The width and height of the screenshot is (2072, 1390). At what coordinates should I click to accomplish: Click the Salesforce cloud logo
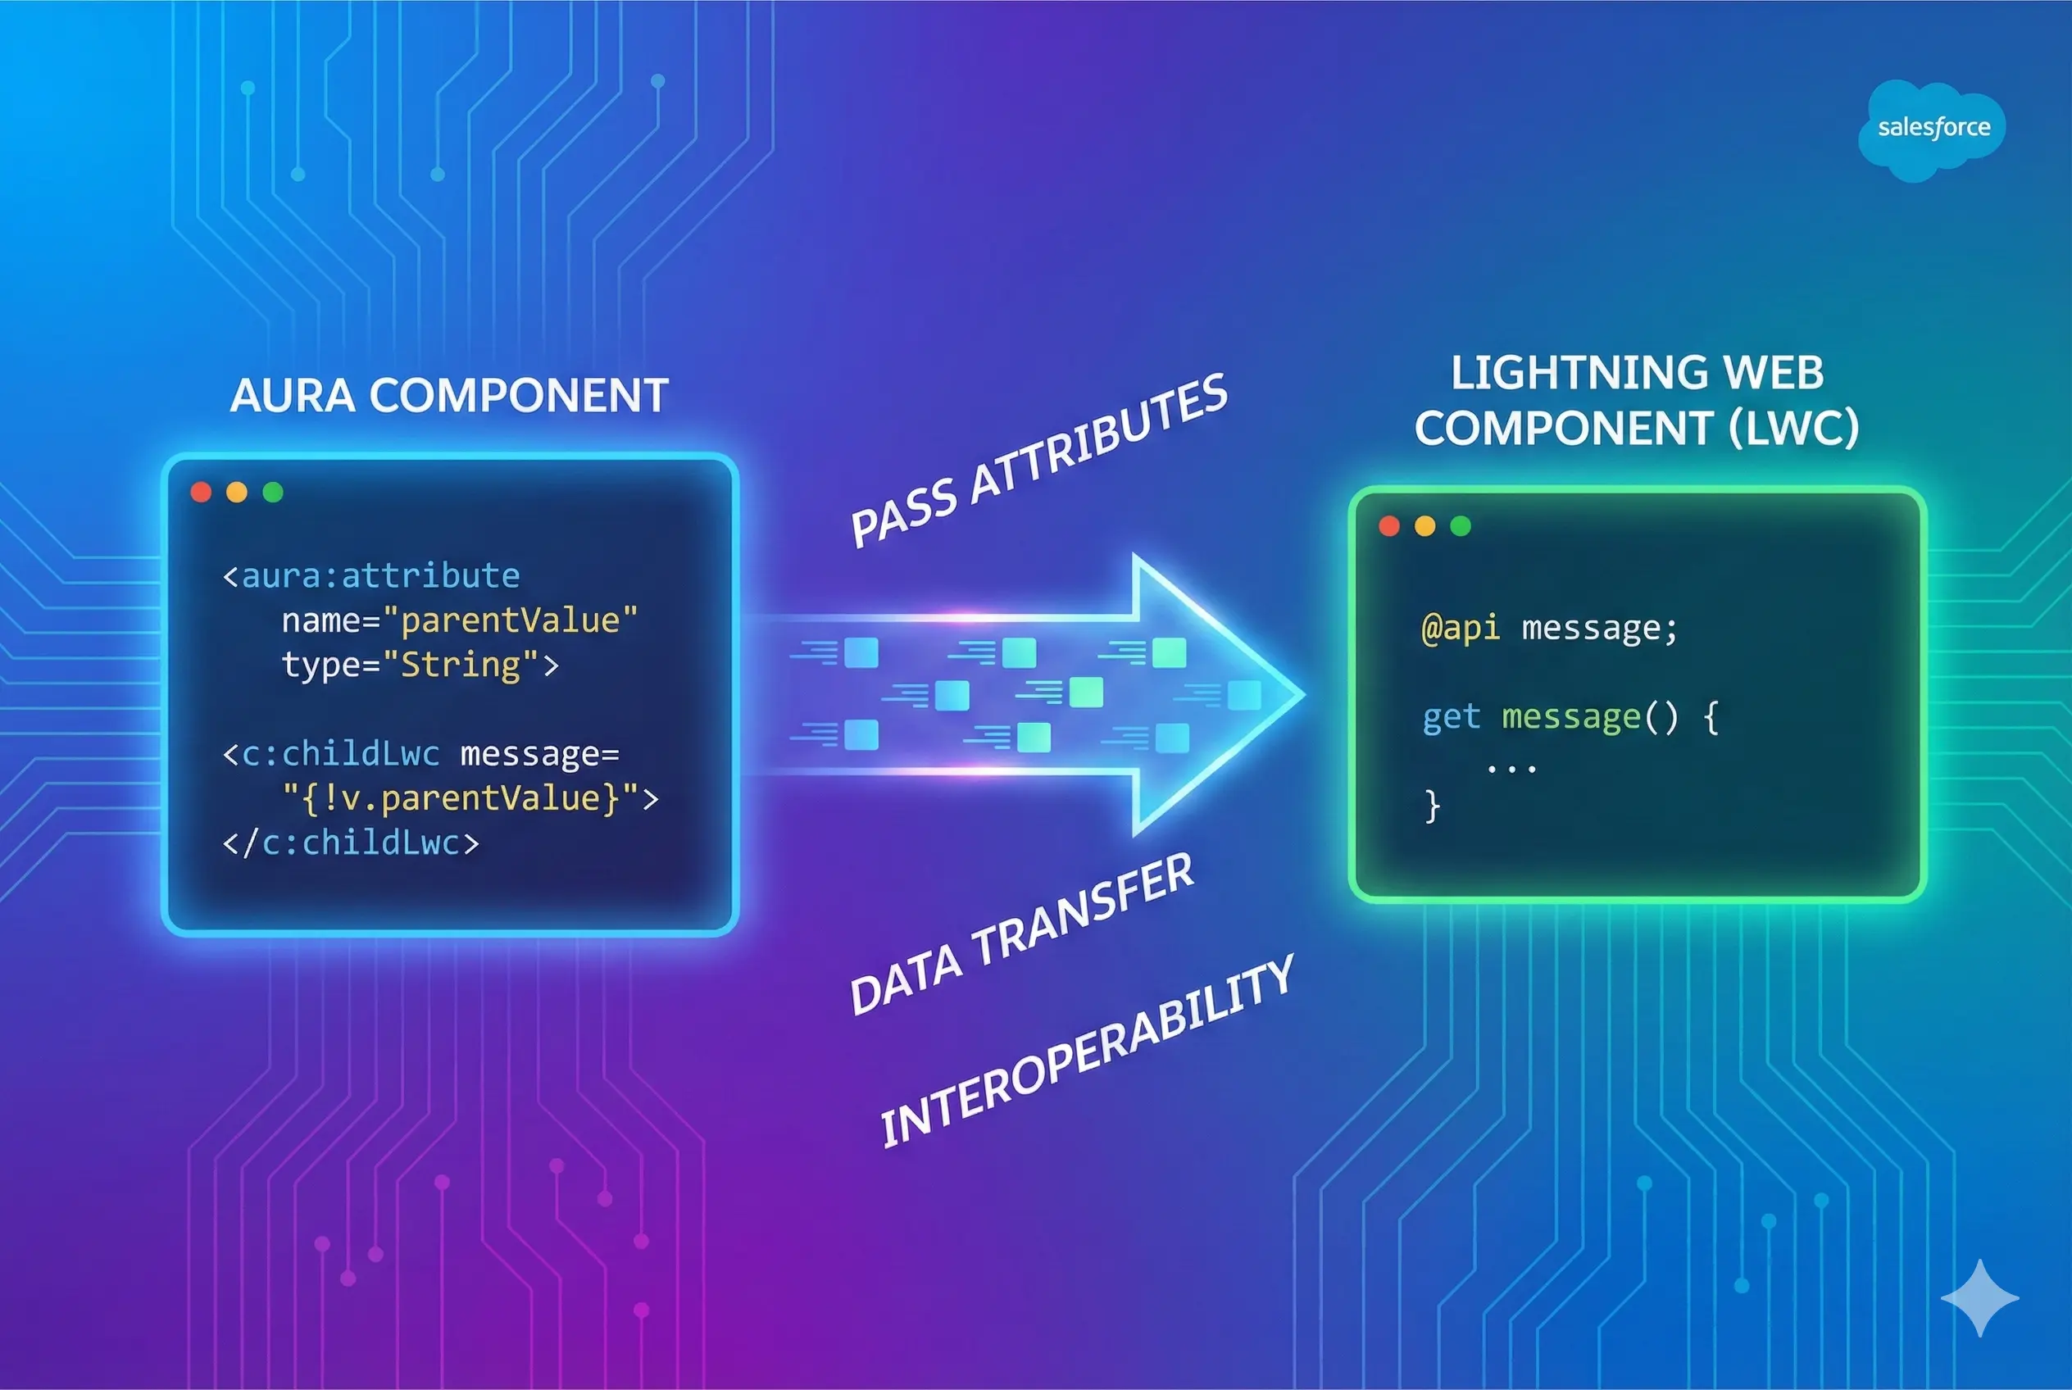[x=1933, y=129]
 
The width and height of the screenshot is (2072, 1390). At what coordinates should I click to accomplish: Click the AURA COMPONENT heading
[x=448, y=395]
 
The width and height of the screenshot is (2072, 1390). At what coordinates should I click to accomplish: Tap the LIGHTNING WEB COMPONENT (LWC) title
[x=1637, y=401]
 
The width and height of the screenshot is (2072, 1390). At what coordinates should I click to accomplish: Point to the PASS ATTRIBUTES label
[x=1038, y=460]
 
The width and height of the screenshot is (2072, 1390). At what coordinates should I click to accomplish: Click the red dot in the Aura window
[x=202, y=492]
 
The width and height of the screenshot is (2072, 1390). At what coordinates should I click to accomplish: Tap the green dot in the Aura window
[x=273, y=492]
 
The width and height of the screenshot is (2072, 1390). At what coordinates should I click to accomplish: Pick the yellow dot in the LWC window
[x=1424, y=525]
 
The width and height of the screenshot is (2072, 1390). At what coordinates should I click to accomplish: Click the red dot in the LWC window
[x=1389, y=525]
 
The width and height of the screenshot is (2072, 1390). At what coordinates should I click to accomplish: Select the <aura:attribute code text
[x=371, y=576]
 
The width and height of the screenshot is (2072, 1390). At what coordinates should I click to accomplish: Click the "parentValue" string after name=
[x=511, y=620]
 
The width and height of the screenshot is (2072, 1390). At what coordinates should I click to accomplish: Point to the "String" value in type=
[x=461, y=665]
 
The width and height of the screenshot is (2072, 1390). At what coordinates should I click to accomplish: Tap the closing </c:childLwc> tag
[x=351, y=843]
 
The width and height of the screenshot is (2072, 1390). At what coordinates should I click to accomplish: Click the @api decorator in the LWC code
[x=1461, y=628]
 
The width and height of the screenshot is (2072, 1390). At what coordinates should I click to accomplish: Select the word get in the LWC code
[x=1452, y=716]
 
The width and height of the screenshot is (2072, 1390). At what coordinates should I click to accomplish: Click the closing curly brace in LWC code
[x=1432, y=806]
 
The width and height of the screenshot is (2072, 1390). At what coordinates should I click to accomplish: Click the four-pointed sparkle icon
[x=1980, y=1298]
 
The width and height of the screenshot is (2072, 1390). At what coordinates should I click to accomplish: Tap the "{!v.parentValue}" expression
[x=461, y=797]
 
